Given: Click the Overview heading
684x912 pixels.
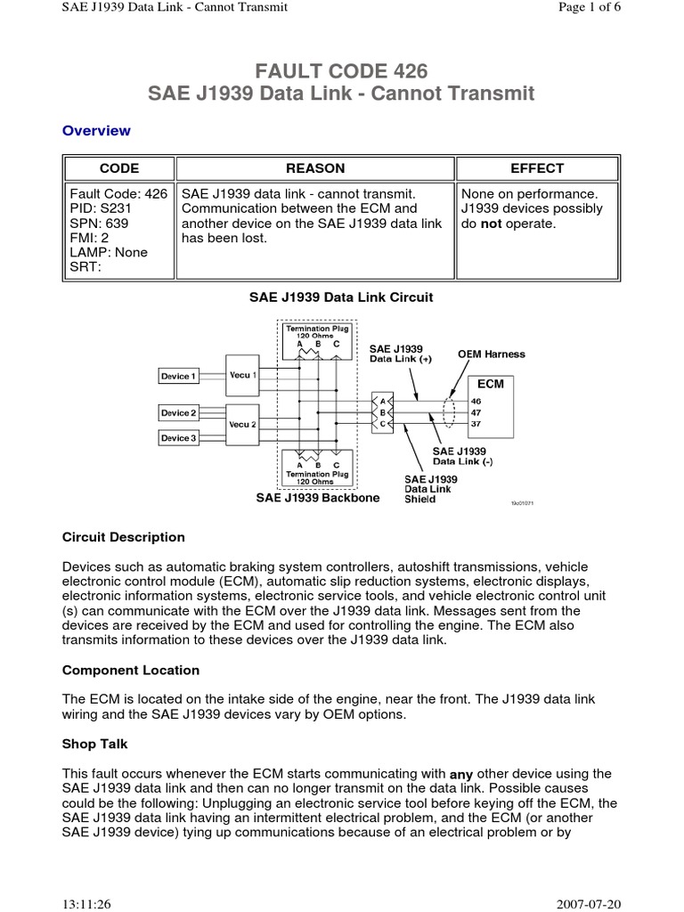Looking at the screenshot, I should pyautogui.click(x=96, y=131).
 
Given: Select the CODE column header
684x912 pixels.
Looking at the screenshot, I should pyautogui.click(x=119, y=168).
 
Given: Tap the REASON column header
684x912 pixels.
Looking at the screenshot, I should pyautogui.click(x=315, y=168).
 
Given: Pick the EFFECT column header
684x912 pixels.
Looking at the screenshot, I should pyautogui.click(x=537, y=168).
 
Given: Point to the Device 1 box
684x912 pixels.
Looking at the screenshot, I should pyautogui.click(x=177, y=377).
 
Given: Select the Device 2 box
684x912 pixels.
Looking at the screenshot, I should pyautogui.click(x=177, y=413).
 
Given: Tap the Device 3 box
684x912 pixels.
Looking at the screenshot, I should pyautogui.click(x=177, y=438).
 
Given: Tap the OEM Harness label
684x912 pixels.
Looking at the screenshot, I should pyautogui.click(x=492, y=354).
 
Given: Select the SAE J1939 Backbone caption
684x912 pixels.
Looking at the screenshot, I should pyautogui.click(x=318, y=498).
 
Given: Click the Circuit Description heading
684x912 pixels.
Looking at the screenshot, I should pyautogui.click(x=124, y=537).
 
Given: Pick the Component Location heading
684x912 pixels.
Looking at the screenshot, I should pyautogui.click(x=131, y=670).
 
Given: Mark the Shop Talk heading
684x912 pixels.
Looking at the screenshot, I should pyautogui.click(x=95, y=744).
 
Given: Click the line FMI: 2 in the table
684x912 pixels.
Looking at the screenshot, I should pyautogui.click(x=90, y=238).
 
